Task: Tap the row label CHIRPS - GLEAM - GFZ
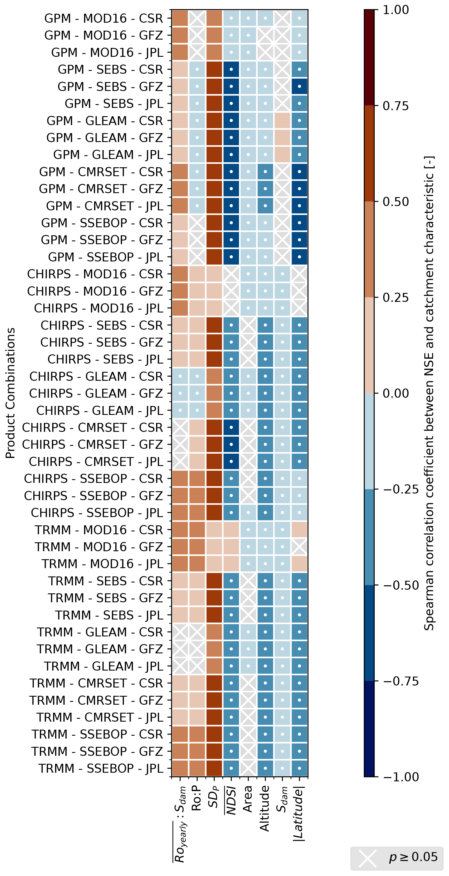pos(96,393)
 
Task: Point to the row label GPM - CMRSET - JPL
pos(104,206)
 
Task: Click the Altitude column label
pos(265,808)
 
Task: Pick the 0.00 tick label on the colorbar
pos(396,393)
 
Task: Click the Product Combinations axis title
pos(11,393)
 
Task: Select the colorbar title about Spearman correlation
pos(429,393)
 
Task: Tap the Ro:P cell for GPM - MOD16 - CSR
pos(197,18)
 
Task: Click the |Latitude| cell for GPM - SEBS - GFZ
pos(299,86)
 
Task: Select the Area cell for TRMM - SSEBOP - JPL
pos(248,768)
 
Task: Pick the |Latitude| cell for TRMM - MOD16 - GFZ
pos(299,547)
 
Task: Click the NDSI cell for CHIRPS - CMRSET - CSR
pos(231,428)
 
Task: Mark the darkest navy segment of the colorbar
pos(369,729)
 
